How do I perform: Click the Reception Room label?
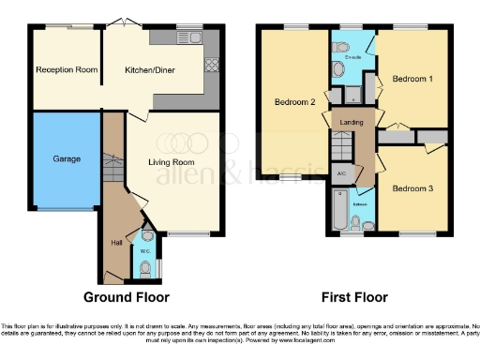point(67,69)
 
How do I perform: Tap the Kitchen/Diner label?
point(150,69)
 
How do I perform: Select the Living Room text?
point(172,161)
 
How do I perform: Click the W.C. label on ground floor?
point(144,250)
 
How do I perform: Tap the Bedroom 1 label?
point(412,78)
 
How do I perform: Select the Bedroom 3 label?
point(412,188)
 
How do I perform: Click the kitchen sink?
point(195,37)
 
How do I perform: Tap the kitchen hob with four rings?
point(211,66)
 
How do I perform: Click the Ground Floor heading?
point(127,297)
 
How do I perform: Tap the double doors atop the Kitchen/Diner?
point(118,23)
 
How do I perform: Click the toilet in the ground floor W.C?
point(143,268)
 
